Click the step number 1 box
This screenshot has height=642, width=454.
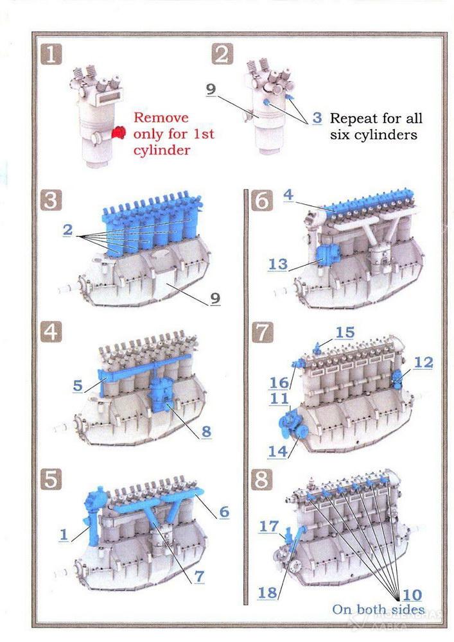pyautogui.click(x=51, y=55)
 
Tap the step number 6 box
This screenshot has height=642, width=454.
pyautogui.click(x=262, y=201)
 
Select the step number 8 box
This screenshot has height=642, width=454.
pyautogui.click(x=262, y=479)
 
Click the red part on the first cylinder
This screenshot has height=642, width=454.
pyautogui.click(x=119, y=133)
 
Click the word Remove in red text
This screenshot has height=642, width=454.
pyautogui.click(x=161, y=117)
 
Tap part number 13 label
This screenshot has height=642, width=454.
pyautogui.click(x=278, y=264)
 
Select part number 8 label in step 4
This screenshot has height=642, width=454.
pyautogui.click(x=206, y=431)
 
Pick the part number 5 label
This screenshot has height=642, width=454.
pyautogui.click(x=78, y=385)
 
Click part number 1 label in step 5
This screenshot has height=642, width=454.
pyautogui.click(x=64, y=534)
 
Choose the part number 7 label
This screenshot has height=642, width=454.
pyautogui.click(x=199, y=576)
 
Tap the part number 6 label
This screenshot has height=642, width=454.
pyautogui.click(x=224, y=512)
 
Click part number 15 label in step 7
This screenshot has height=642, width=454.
pyautogui.click(x=345, y=333)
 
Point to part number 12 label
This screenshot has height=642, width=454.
pyautogui.click(x=423, y=362)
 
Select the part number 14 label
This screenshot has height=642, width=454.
pyautogui.click(x=277, y=451)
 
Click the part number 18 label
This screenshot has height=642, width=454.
pyautogui.click(x=267, y=593)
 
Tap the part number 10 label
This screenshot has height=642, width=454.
pyautogui.click(x=412, y=595)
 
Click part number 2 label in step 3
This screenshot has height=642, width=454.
pyautogui.click(x=67, y=230)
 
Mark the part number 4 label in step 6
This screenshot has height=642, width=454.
pyautogui.click(x=288, y=195)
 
